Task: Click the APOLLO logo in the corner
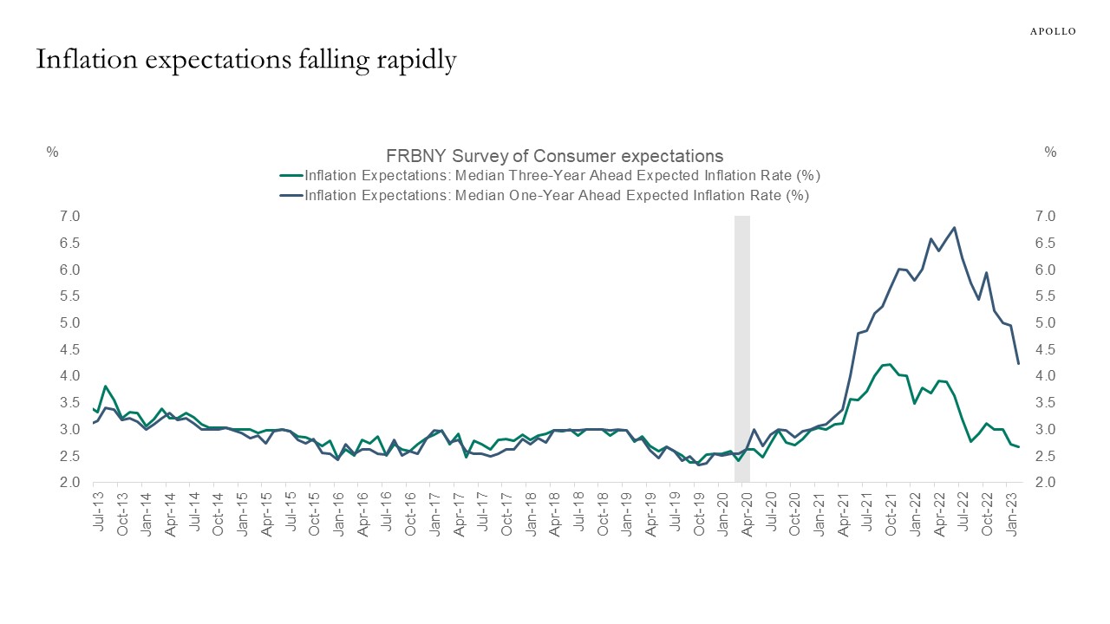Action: [x=1052, y=31]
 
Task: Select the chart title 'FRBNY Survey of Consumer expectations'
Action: [x=554, y=156]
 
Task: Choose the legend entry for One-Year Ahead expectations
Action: [x=556, y=196]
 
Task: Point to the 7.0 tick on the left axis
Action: [x=70, y=216]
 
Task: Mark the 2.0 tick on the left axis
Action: [x=70, y=483]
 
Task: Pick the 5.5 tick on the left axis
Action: [x=70, y=296]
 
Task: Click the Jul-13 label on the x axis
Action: [x=100, y=513]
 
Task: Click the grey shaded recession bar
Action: [x=742, y=347]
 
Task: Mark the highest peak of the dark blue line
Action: [x=955, y=227]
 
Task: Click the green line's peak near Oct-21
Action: [x=889, y=364]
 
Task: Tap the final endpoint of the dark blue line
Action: [x=1018, y=364]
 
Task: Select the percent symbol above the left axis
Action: [x=52, y=153]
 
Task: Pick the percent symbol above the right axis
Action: [x=1050, y=153]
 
